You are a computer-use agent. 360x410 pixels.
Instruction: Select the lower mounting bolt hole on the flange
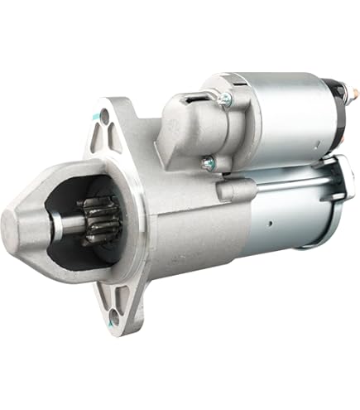[113, 313]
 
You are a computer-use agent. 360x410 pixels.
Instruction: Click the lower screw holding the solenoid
[208, 163]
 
